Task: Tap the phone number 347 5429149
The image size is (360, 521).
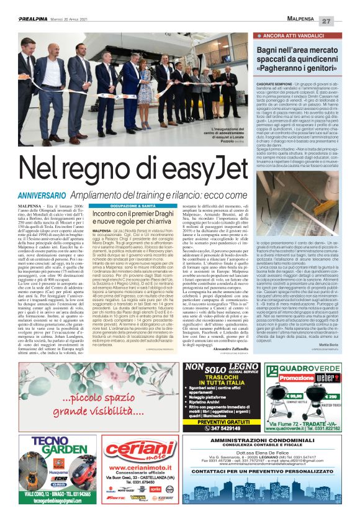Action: pyautogui.click(x=222, y=411)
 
